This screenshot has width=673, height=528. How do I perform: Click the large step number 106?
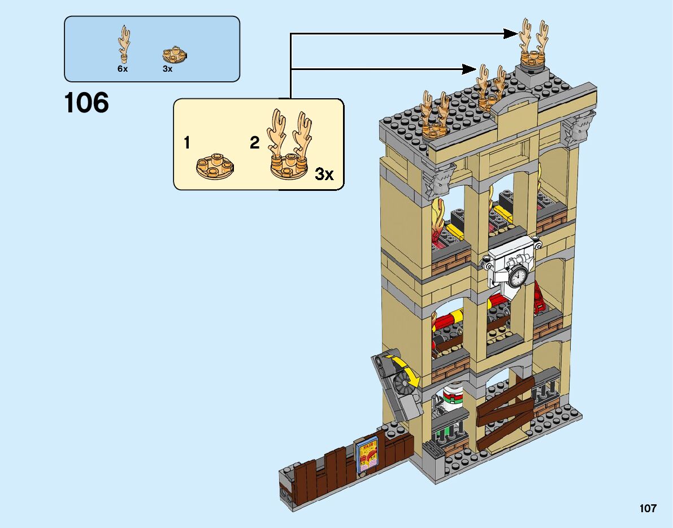point(86,103)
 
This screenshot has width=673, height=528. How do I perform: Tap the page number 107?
point(648,508)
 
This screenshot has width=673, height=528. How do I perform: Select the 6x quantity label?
point(123,69)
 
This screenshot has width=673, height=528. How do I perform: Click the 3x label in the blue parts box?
point(167,69)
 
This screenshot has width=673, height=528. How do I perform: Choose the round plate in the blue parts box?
point(175,55)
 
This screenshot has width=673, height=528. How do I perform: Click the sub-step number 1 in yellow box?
point(186,143)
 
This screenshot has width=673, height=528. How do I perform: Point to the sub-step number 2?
point(254,143)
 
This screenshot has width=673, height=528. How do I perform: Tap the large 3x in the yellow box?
point(324,174)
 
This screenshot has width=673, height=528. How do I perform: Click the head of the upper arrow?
point(511,34)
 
